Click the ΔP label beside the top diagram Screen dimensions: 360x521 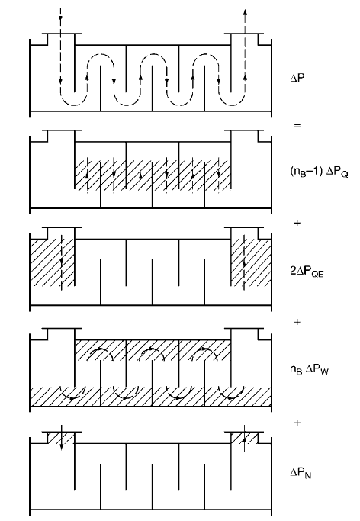point(297,78)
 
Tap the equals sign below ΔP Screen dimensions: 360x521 point(297,126)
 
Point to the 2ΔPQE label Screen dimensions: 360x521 point(307,272)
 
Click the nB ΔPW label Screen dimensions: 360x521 point(309,369)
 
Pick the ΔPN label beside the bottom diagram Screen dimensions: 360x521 point(301,473)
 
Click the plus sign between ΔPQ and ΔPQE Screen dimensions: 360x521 point(297,223)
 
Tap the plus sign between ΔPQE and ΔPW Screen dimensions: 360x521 point(297,322)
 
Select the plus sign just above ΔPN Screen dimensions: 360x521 point(297,423)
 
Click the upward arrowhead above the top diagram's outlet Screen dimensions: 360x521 point(245,12)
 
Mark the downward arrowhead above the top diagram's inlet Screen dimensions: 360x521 point(60,18)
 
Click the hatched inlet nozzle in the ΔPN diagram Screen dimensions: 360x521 point(61,437)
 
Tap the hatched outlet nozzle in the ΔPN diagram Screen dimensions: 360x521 point(244,437)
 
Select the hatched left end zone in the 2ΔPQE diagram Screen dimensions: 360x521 point(52,262)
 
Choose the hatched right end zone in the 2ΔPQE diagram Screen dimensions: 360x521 point(251,262)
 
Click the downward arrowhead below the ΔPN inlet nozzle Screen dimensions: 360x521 point(62,448)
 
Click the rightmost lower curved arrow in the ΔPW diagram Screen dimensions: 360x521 point(232,393)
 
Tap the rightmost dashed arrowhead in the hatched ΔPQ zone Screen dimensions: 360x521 point(219,174)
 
